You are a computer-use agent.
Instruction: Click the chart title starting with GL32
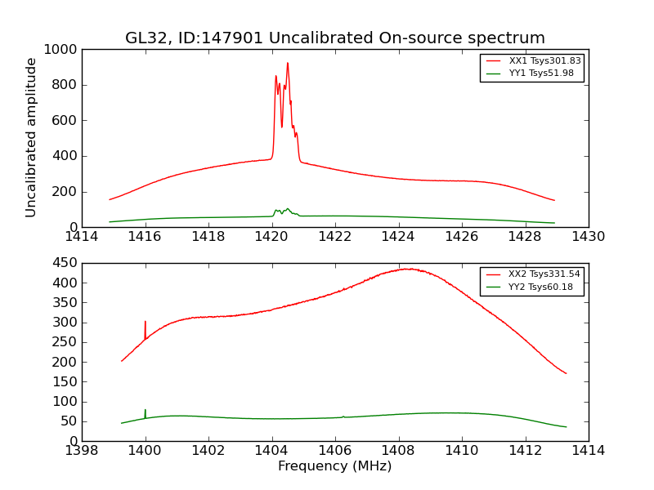tap(334, 38)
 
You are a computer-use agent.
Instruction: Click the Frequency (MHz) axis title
tap(334, 466)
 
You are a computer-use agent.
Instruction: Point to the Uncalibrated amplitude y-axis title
tap(32, 137)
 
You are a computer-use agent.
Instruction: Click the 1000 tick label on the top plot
tap(62, 49)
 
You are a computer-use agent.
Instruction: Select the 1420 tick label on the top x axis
tap(271, 237)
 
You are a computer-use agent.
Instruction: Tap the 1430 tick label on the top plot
tap(588, 237)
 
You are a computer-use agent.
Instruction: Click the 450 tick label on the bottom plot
tap(65, 263)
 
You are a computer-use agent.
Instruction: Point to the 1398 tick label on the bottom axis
tap(82, 451)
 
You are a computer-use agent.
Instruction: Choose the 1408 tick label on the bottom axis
tap(398, 451)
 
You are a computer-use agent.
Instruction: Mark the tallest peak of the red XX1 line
tap(287, 64)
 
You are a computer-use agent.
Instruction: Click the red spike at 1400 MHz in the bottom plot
tap(146, 323)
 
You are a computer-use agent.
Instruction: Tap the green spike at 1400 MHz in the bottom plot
tap(146, 411)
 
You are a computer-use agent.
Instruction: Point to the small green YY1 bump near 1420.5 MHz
tap(287, 209)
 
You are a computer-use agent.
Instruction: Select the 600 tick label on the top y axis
tap(65, 120)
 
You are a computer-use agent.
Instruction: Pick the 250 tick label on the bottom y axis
tap(65, 342)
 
